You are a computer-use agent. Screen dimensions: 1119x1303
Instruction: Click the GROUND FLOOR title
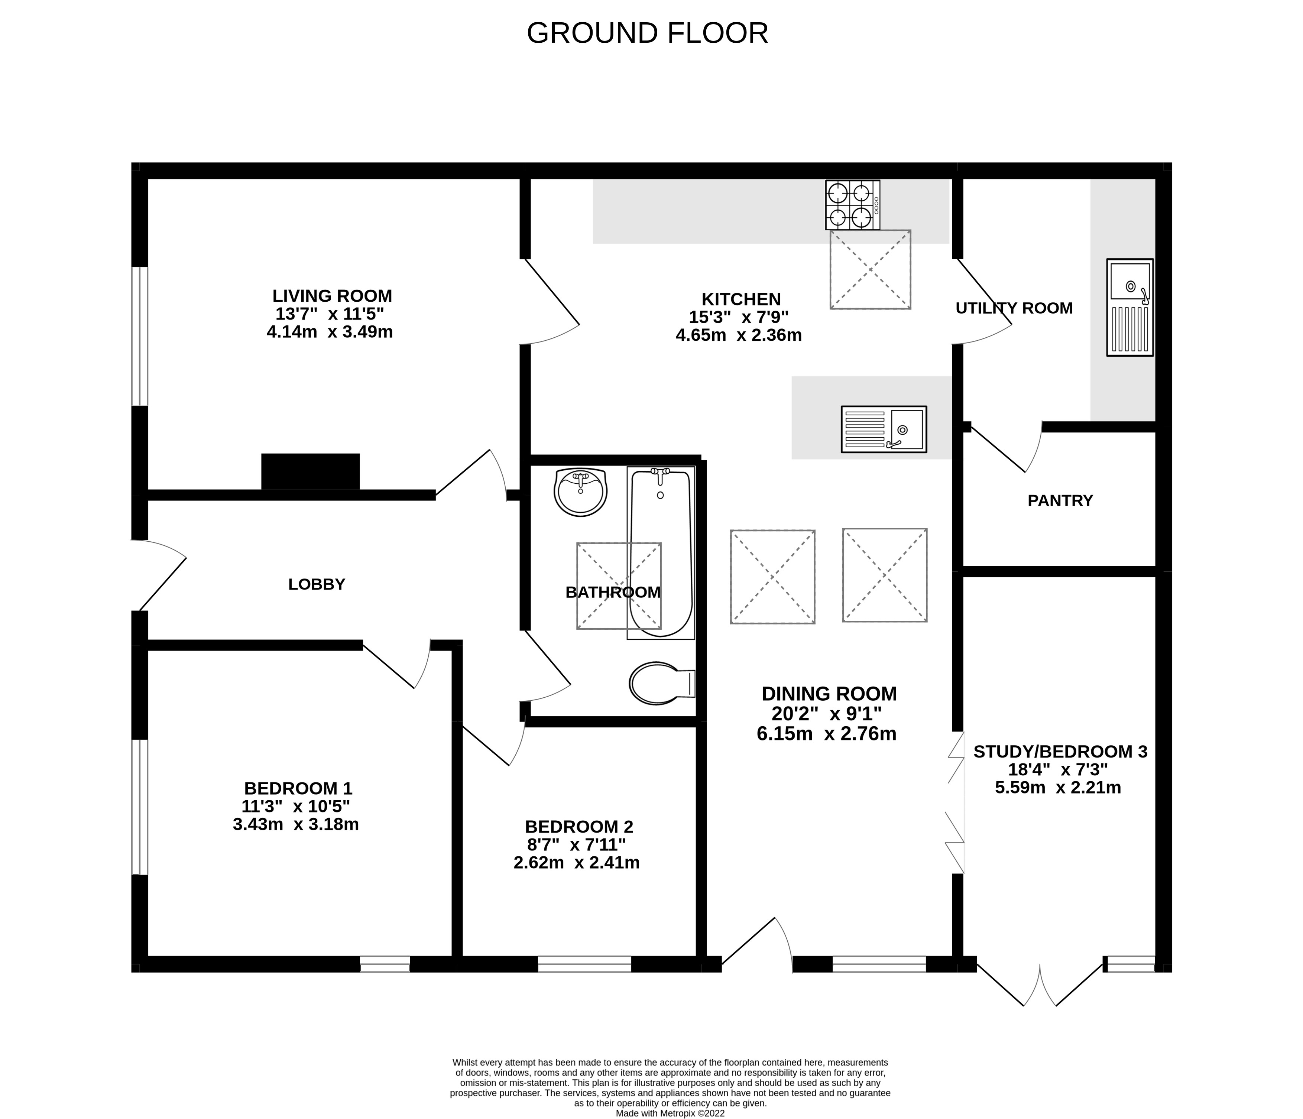pos(647,33)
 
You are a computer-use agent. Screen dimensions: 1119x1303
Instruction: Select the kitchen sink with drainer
pos(884,429)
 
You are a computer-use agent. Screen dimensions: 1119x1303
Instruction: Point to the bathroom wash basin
pos(580,492)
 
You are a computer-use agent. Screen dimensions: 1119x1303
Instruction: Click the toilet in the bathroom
pos(660,683)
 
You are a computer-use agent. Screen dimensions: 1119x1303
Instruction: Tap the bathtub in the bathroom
pos(661,552)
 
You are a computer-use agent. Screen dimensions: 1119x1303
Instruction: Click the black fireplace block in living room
pos(311,471)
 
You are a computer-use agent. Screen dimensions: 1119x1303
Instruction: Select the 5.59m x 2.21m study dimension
pos(1058,788)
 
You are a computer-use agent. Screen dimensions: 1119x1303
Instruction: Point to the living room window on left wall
pos(140,336)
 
